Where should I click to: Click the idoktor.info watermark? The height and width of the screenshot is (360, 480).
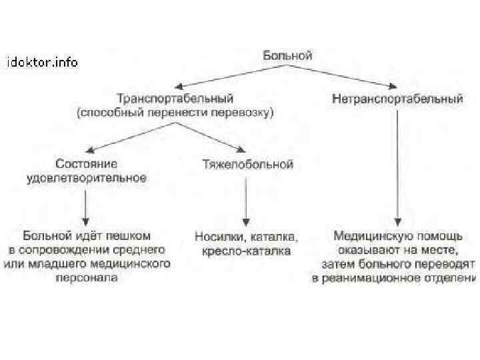point(42,63)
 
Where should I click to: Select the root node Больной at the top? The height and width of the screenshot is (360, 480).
point(287,56)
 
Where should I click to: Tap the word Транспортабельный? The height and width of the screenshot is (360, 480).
point(175,99)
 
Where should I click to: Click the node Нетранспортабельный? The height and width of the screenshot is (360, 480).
point(397,99)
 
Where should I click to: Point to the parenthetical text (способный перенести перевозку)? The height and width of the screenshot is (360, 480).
point(175,113)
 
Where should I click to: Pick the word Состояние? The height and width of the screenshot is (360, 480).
point(87,164)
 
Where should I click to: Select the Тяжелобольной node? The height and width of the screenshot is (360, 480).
point(247,164)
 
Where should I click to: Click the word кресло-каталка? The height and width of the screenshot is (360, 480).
point(246,251)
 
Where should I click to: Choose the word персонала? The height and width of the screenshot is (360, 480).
point(87,278)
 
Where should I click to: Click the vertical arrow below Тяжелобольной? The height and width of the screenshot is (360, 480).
point(246,200)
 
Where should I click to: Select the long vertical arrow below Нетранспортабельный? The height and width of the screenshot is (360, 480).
point(398,167)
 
